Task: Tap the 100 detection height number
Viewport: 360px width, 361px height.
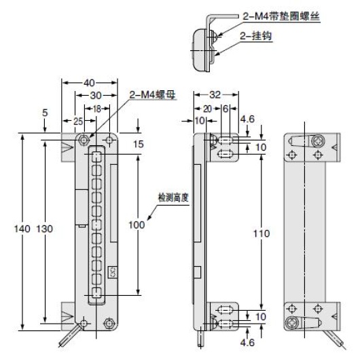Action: tap(137, 225)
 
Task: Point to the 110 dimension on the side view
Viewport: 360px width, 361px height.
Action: tap(261, 233)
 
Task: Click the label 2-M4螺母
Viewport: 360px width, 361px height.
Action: tap(152, 95)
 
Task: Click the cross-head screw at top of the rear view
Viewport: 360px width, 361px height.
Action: tap(318, 142)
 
